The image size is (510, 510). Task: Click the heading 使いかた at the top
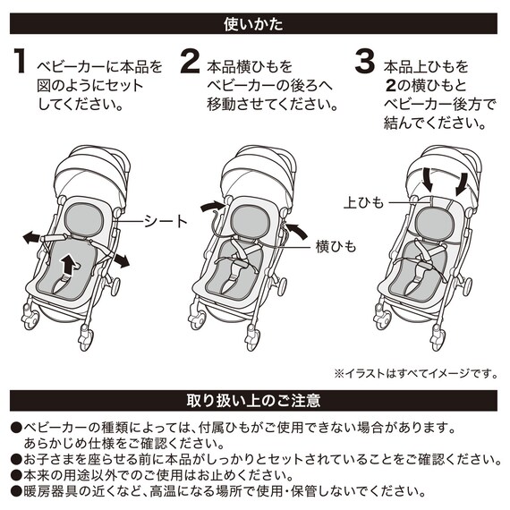coord(254,19)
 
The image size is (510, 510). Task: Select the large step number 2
coord(190,64)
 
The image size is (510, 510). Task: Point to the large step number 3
coord(364,64)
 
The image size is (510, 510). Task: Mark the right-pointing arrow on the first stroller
coord(119,257)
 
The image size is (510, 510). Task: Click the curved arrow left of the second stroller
coord(212,207)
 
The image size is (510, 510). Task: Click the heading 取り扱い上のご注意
coord(254,399)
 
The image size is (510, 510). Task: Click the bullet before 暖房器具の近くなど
coord(15,490)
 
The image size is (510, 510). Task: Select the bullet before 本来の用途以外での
coord(15,474)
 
